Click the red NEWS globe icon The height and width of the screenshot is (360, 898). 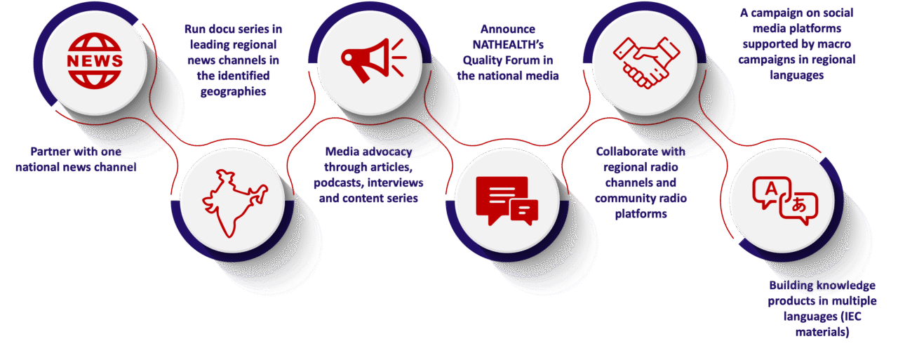click(95, 60)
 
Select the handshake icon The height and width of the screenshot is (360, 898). click(646, 62)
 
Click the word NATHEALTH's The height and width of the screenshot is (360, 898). click(508, 44)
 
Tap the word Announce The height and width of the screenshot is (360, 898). click(508, 29)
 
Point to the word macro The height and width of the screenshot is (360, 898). click(834, 44)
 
